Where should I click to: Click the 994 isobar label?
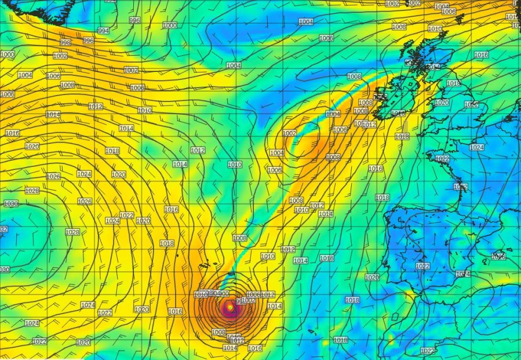click(x=104, y=31)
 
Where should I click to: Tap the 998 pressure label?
click(x=65, y=43)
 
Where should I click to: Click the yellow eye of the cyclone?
click(x=231, y=307)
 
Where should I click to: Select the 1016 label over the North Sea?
click(x=481, y=55)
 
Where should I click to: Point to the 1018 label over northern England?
click(x=453, y=83)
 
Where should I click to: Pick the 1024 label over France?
click(x=476, y=148)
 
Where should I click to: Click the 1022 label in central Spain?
click(x=422, y=266)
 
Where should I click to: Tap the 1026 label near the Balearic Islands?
click(x=498, y=256)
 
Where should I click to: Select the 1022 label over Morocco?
click(x=427, y=351)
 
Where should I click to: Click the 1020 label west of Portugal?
click(x=371, y=278)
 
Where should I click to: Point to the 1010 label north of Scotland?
click(x=435, y=28)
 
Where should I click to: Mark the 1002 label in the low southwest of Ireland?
click(x=289, y=133)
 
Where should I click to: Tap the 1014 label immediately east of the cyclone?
click(x=274, y=306)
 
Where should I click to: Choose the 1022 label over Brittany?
click(x=442, y=158)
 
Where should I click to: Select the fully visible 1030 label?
click(x=10, y=203)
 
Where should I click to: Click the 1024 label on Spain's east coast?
click(x=462, y=274)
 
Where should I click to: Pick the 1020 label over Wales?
click(x=442, y=103)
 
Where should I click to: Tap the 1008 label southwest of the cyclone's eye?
click(x=218, y=332)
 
